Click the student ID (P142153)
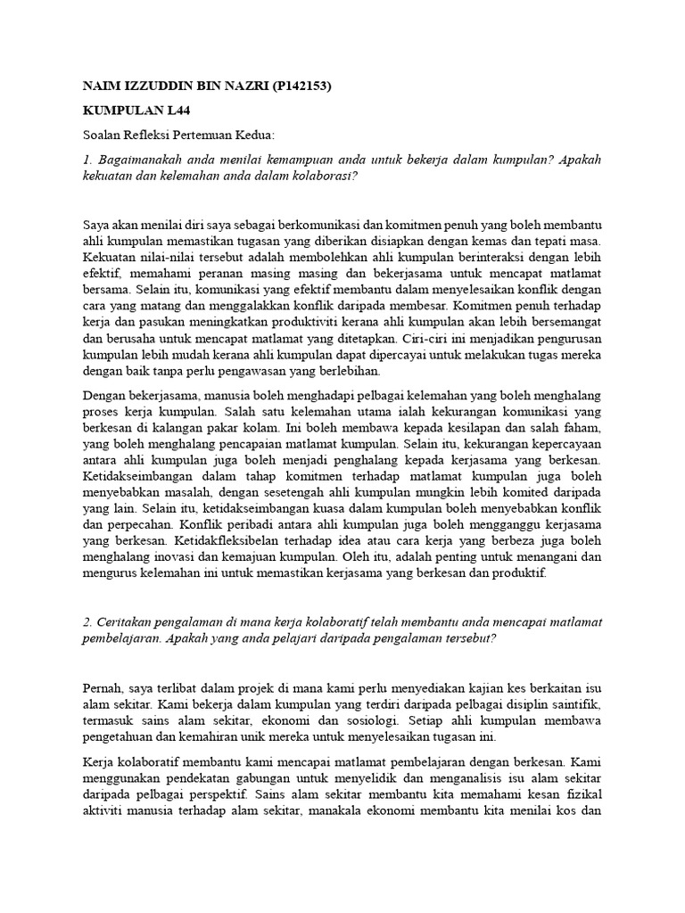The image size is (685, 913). [295, 86]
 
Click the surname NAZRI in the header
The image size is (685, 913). [233, 86]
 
